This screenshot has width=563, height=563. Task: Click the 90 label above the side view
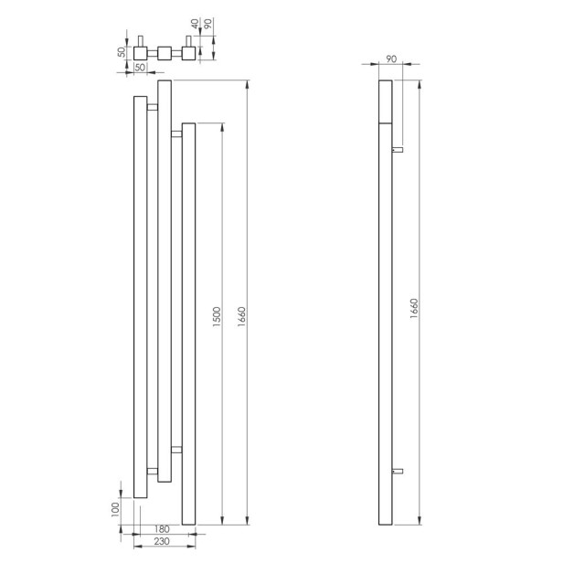[x=392, y=58]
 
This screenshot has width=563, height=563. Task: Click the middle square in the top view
[x=165, y=53]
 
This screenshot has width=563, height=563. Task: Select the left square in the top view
[x=141, y=53]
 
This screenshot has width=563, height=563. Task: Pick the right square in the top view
[x=187, y=53]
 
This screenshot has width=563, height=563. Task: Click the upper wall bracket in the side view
[x=398, y=147]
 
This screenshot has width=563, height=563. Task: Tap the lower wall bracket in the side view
[x=398, y=469]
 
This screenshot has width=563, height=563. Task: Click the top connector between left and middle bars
[x=152, y=108]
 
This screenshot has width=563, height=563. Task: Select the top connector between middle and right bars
[x=176, y=136]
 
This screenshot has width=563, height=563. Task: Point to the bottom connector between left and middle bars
[x=152, y=472]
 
